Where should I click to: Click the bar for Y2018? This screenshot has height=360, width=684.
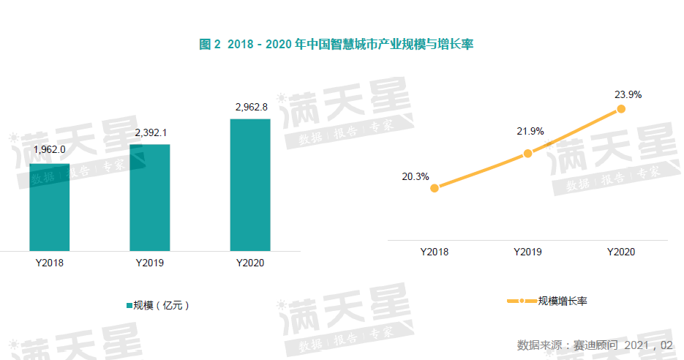(x=49, y=207)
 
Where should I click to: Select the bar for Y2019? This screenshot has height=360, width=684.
(x=150, y=198)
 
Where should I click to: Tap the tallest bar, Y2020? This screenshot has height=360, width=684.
(x=250, y=185)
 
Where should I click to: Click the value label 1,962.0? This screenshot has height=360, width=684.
(x=50, y=149)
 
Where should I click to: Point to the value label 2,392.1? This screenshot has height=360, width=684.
(x=151, y=132)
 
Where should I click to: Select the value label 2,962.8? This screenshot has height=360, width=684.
(x=251, y=107)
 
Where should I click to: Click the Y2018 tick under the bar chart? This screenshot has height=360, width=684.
(x=49, y=263)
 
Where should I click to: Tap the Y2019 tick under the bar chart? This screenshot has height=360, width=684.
(x=150, y=263)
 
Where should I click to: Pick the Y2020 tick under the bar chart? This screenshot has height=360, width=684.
(x=250, y=263)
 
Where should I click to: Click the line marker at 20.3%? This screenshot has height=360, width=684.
(x=435, y=188)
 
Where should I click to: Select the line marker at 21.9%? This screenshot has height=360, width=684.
(x=527, y=153)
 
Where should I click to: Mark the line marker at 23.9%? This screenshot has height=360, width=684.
(x=621, y=108)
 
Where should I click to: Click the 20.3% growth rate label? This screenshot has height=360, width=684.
(x=415, y=176)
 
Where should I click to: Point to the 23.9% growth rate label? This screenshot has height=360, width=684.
(x=628, y=94)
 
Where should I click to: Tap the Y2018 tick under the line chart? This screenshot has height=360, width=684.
(x=435, y=252)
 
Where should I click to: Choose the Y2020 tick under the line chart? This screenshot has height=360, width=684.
(x=621, y=252)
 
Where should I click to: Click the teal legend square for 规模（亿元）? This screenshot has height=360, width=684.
(x=128, y=305)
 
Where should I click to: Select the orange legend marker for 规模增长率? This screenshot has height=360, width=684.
(x=521, y=301)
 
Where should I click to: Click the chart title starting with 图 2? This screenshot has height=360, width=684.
(x=337, y=45)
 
